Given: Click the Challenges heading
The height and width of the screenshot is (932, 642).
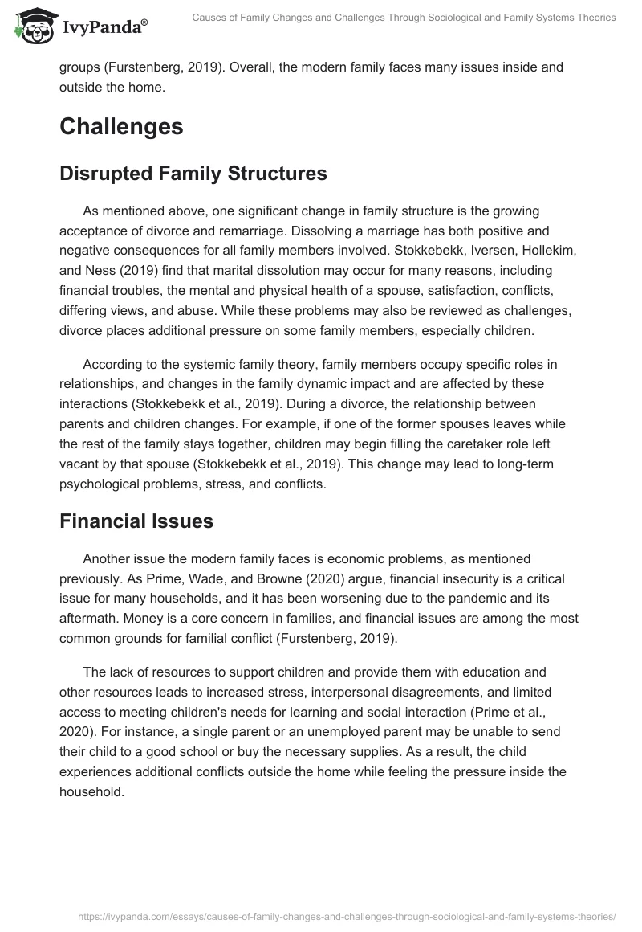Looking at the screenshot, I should coord(121,126).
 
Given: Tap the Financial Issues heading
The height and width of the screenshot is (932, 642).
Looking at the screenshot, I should coord(136,521).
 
